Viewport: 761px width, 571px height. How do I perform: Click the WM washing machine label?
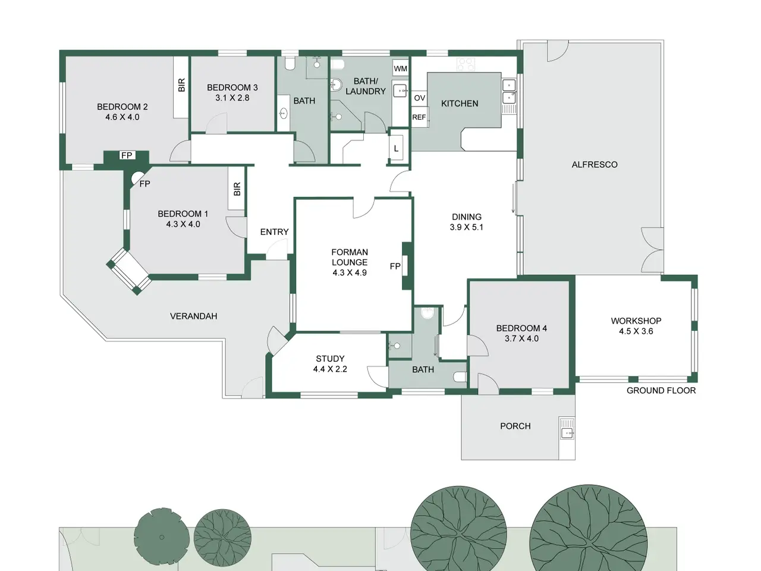pos(400,68)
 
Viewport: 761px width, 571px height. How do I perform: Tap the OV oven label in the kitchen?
pos(420,98)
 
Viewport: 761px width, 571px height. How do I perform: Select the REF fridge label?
pos(419,118)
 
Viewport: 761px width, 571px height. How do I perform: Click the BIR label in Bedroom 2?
pos(181,85)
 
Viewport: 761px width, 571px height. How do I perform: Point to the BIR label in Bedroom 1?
pos(237,189)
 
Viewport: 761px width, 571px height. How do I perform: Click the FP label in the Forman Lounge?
pos(395,266)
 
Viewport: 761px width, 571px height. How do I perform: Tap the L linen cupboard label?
pos(397,149)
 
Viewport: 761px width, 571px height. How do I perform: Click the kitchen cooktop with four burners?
pos(466,64)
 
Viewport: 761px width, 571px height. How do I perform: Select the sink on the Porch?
pos(567,432)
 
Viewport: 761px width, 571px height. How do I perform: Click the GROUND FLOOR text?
pos(661,390)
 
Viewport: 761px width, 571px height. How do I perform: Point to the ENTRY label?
pos(274,232)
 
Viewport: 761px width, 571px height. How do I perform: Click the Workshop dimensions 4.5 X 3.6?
pos(636,331)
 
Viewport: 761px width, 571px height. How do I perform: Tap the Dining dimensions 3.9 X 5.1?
pos(466,227)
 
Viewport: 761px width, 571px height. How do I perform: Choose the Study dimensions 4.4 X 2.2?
pos(330,369)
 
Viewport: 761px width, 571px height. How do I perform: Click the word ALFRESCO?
pos(595,165)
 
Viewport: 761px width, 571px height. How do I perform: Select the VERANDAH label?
pos(193,316)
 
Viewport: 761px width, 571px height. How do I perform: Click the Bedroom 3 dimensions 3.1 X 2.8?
pos(232,98)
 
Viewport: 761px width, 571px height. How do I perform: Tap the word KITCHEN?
pos(460,103)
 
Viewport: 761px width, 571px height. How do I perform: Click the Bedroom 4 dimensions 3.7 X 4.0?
pos(521,338)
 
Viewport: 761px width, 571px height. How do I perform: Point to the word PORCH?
pos(515,426)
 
